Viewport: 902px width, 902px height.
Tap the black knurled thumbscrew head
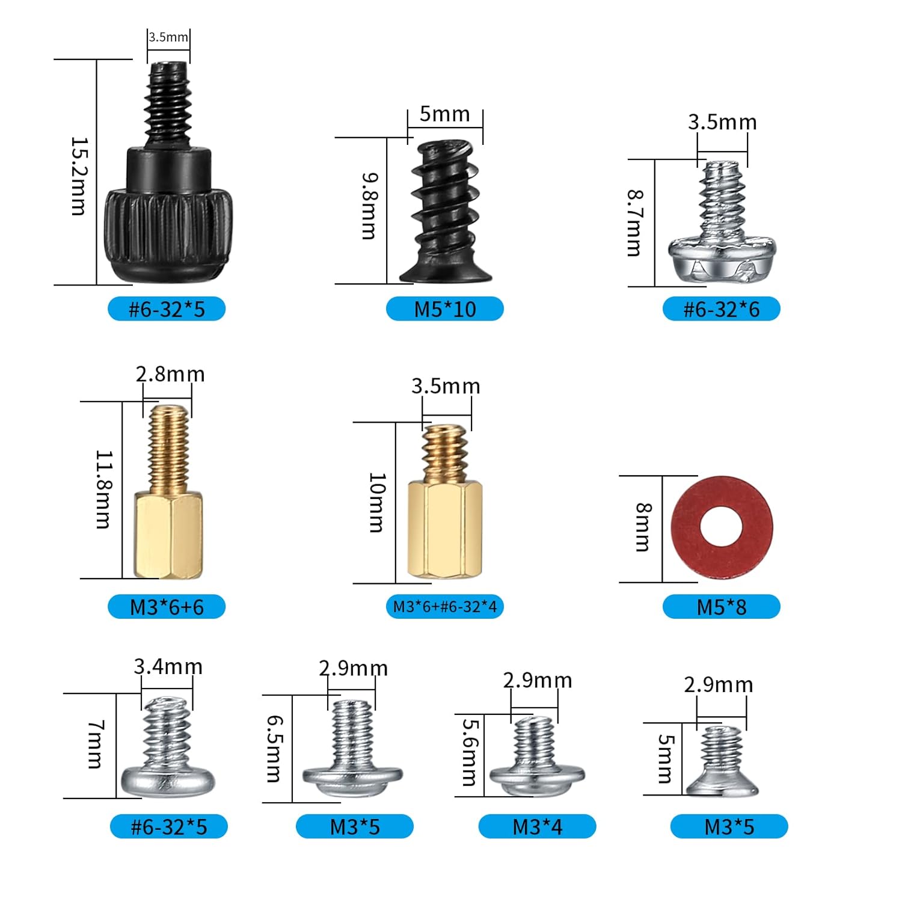click(x=169, y=235)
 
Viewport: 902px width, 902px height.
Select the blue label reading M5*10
click(x=444, y=309)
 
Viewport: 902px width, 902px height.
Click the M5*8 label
click(x=722, y=607)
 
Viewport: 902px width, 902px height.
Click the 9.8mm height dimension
click(x=369, y=206)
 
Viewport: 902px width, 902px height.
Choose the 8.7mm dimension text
click(x=634, y=223)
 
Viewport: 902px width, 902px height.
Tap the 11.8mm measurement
click(x=103, y=489)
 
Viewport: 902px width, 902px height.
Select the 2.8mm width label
click(x=170, y=374)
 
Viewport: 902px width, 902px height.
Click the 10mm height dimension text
click(x=376, y=503)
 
